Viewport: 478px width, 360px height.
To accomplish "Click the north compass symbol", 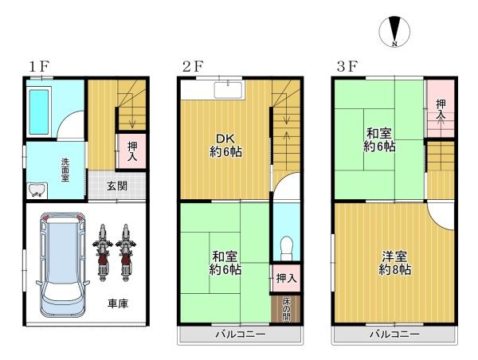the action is pyautogui.click(x=394, y=32).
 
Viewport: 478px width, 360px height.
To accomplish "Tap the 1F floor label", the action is pyautogui.click(x=39, y=66).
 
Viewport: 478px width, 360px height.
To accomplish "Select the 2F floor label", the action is pyautogui.click(x=193, y=66).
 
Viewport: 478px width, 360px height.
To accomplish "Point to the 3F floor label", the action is pyautogui.click(x=347, y=66).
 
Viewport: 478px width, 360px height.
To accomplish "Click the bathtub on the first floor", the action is pyautogui.click(x=39, y=112).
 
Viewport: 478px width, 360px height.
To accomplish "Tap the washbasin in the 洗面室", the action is pyautogui.click(x=37, y=190).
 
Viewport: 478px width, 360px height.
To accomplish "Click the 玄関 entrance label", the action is pyautogui.click(x=117, y=186).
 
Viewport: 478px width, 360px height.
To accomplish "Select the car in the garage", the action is pyautogui.click(x=63, y=264).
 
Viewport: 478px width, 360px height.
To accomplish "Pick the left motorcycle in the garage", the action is pyautogui.click(x=103, y=252).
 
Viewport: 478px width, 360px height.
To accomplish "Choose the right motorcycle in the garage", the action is pyautogui.click(x=125, y=252).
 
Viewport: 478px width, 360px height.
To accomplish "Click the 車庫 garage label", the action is pyautogui.click(x=118, y=303).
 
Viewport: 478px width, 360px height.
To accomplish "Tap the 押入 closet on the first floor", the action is pyautogui.click(x=131, y=151).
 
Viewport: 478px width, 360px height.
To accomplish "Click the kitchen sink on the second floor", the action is pyautogui.click(x=228, y=90).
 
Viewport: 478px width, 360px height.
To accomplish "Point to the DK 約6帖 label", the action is pyautogui.click(x=226, y=145).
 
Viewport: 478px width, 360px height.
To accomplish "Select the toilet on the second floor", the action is pyautogui.click(x=286, y=248).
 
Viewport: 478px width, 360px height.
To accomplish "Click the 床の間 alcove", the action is pyautogui.click(x=286, y=309).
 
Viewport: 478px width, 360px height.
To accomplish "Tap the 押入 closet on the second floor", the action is pyautogui.click(x=286, y=278).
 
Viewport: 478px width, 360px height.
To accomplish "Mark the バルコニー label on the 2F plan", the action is pyautogui.click(x=241, y=335).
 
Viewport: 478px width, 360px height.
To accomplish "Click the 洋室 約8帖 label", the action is pyautogui.click(x=395, y=263).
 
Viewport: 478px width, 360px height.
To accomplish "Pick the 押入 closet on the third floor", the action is pyautogui.click(x=441, y=108).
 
